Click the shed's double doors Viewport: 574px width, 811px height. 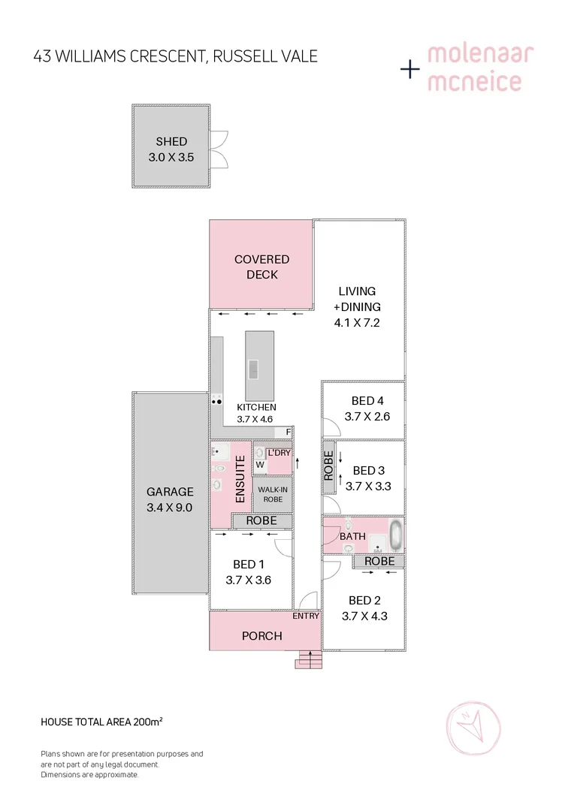219,149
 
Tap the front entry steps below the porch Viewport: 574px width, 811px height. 310,659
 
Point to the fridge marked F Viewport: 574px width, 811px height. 288,432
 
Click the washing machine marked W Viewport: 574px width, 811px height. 260,465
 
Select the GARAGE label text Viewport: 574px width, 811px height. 170,492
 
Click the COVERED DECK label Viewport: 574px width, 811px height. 261,267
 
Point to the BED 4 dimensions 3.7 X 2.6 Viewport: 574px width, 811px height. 367,416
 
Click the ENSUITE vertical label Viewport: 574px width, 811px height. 240,481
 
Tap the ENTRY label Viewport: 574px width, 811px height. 307,616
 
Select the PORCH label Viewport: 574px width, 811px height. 261,635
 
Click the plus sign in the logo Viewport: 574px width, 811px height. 409,70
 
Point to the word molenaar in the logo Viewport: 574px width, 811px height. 480,54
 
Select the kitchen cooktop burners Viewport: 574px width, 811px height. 216,401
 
